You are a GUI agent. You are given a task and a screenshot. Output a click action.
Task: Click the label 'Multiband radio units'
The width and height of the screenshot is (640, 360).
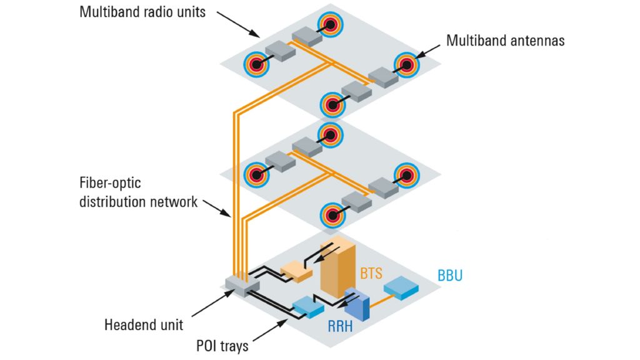pos(142,12)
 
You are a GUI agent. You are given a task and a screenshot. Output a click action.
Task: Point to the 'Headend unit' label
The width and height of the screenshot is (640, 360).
pos(144,324)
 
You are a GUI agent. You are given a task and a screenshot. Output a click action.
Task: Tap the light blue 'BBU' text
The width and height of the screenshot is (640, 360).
pos(449,275)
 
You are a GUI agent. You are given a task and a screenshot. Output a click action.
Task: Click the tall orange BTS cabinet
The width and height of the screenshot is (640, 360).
pos(337,266)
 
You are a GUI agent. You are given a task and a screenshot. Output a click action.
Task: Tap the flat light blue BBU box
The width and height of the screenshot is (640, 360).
pos(401,287)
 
